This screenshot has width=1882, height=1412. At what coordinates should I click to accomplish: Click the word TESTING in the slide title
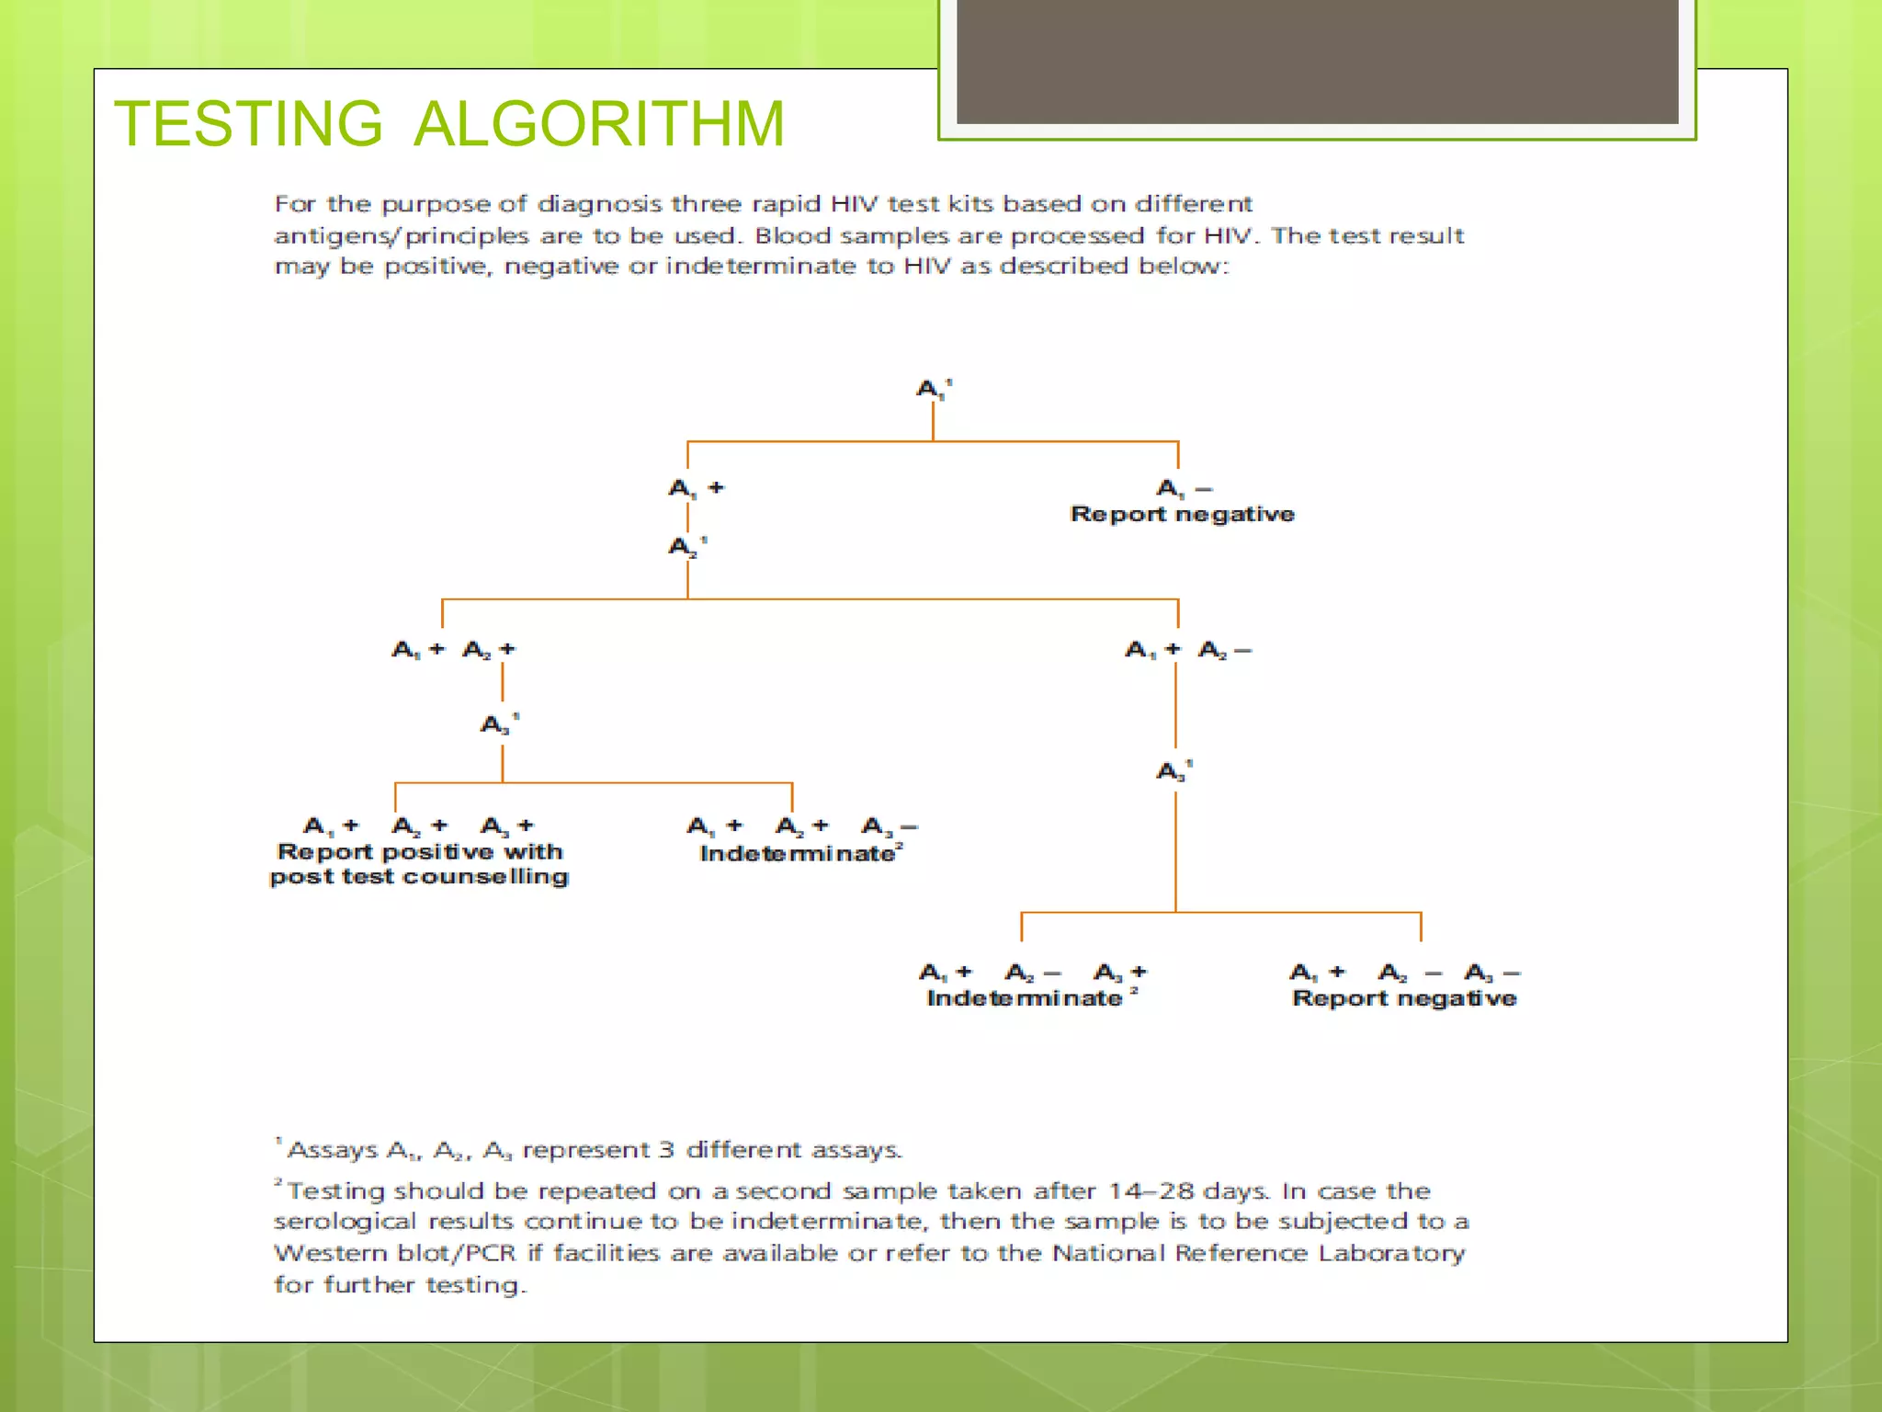(x=248, y=124)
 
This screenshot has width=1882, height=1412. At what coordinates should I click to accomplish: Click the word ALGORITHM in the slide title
(x=599, y=124)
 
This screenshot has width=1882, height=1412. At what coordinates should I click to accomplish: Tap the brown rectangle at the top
(x=1317, y=61)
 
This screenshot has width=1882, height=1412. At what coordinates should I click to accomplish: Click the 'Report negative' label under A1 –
(x=1182, y=514)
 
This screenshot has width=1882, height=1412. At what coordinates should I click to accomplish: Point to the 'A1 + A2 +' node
(x=453, y=650)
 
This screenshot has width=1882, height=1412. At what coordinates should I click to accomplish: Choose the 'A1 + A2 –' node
(x=1187, y=650)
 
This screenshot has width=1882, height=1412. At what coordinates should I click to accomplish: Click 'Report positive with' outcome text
(x=420, y=852)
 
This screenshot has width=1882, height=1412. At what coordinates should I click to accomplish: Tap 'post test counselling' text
(x=420, y=877)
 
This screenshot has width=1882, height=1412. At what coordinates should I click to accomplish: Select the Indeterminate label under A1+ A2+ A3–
(x=798, y=854)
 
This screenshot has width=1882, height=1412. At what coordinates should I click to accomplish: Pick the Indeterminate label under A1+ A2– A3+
(x=1025, y=998)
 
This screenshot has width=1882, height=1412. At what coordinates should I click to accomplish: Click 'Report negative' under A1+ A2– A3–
(x=1403, y=998)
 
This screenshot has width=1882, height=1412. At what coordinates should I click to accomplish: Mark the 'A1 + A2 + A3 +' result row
(x=418, y=826)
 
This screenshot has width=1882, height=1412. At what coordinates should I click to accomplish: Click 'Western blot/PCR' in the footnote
(x=394, y=1253)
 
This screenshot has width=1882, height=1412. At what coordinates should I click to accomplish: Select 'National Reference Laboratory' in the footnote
(x=1258, y=1253)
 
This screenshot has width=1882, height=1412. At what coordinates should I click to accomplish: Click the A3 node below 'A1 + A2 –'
(x=1173, y=770)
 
